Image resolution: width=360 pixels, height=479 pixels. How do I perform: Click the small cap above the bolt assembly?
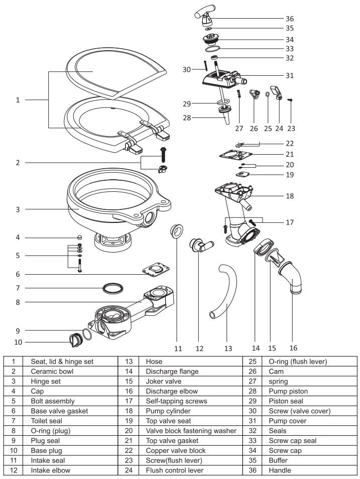[79, 237]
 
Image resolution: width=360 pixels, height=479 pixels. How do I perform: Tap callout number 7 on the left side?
[18, 288]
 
